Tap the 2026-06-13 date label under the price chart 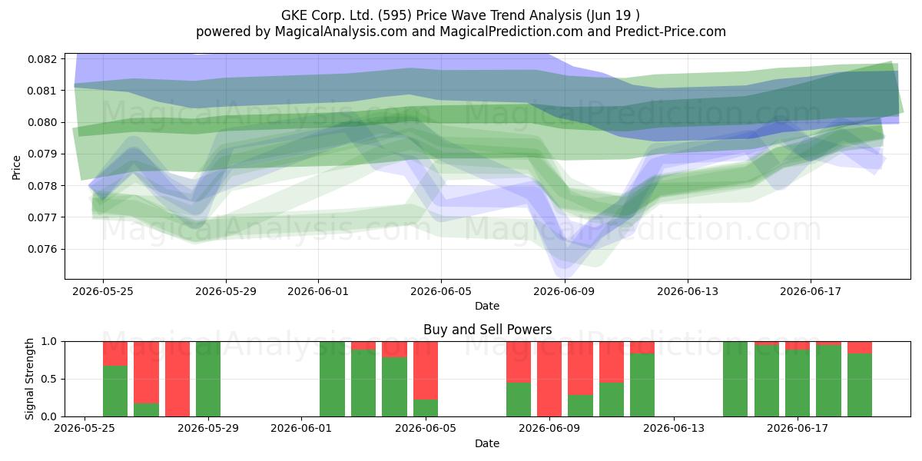[x=688, y=292]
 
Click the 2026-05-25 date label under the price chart [x=103, y=292]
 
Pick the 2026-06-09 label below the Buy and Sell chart [x=549, y=429]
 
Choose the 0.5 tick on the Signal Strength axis [x=49, y=379]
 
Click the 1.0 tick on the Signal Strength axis [x=49, y=342]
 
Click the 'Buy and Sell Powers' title [x=487, y=330]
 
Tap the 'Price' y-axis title [x=16, y=168]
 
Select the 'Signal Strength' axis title [x=30, y=379]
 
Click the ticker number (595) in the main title [x=395, y=15]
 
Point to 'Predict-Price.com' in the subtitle [x=671, y=32]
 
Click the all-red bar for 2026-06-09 [x=549, y=379]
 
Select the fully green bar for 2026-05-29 [x=208, y=379]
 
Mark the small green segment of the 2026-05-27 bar [x=146, y=410]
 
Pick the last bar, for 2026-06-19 [x=860, y=379]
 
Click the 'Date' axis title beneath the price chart [x=487, y=307]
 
